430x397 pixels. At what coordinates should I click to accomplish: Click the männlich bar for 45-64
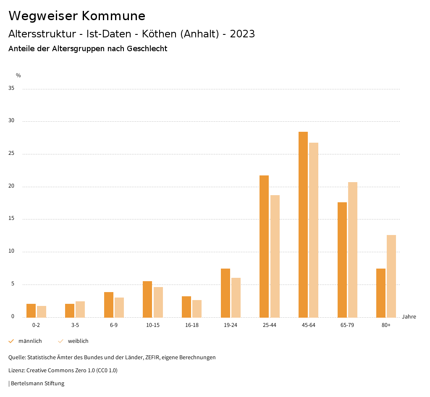[x=303, y=225]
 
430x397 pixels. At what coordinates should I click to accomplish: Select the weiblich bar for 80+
[x=391, y=276]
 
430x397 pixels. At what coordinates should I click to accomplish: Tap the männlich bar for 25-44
[x=264, y=246]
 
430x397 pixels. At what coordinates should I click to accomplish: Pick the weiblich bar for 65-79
[x=353, y=250]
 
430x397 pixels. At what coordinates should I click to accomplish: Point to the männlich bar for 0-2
[x=31, y=311]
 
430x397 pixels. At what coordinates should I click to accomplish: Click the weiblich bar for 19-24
[x=236, y=298]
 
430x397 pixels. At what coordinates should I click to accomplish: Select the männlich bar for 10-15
[x=147, y=299]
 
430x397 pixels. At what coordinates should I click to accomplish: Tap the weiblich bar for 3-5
[x=80, y=309]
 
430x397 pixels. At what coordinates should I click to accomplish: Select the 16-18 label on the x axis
[x=192, y=325]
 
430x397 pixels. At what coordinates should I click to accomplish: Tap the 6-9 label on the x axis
[x=114, y=325]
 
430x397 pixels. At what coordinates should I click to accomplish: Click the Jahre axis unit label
[x=409, y=317]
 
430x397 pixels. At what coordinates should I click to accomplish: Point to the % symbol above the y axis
[x=18, y=76]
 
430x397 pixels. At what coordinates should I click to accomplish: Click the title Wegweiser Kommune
[x=77, y=16]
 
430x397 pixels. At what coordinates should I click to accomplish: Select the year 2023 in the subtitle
[x=242, y=34]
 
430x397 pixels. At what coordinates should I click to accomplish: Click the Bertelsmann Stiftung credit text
[x=37, y=384]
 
